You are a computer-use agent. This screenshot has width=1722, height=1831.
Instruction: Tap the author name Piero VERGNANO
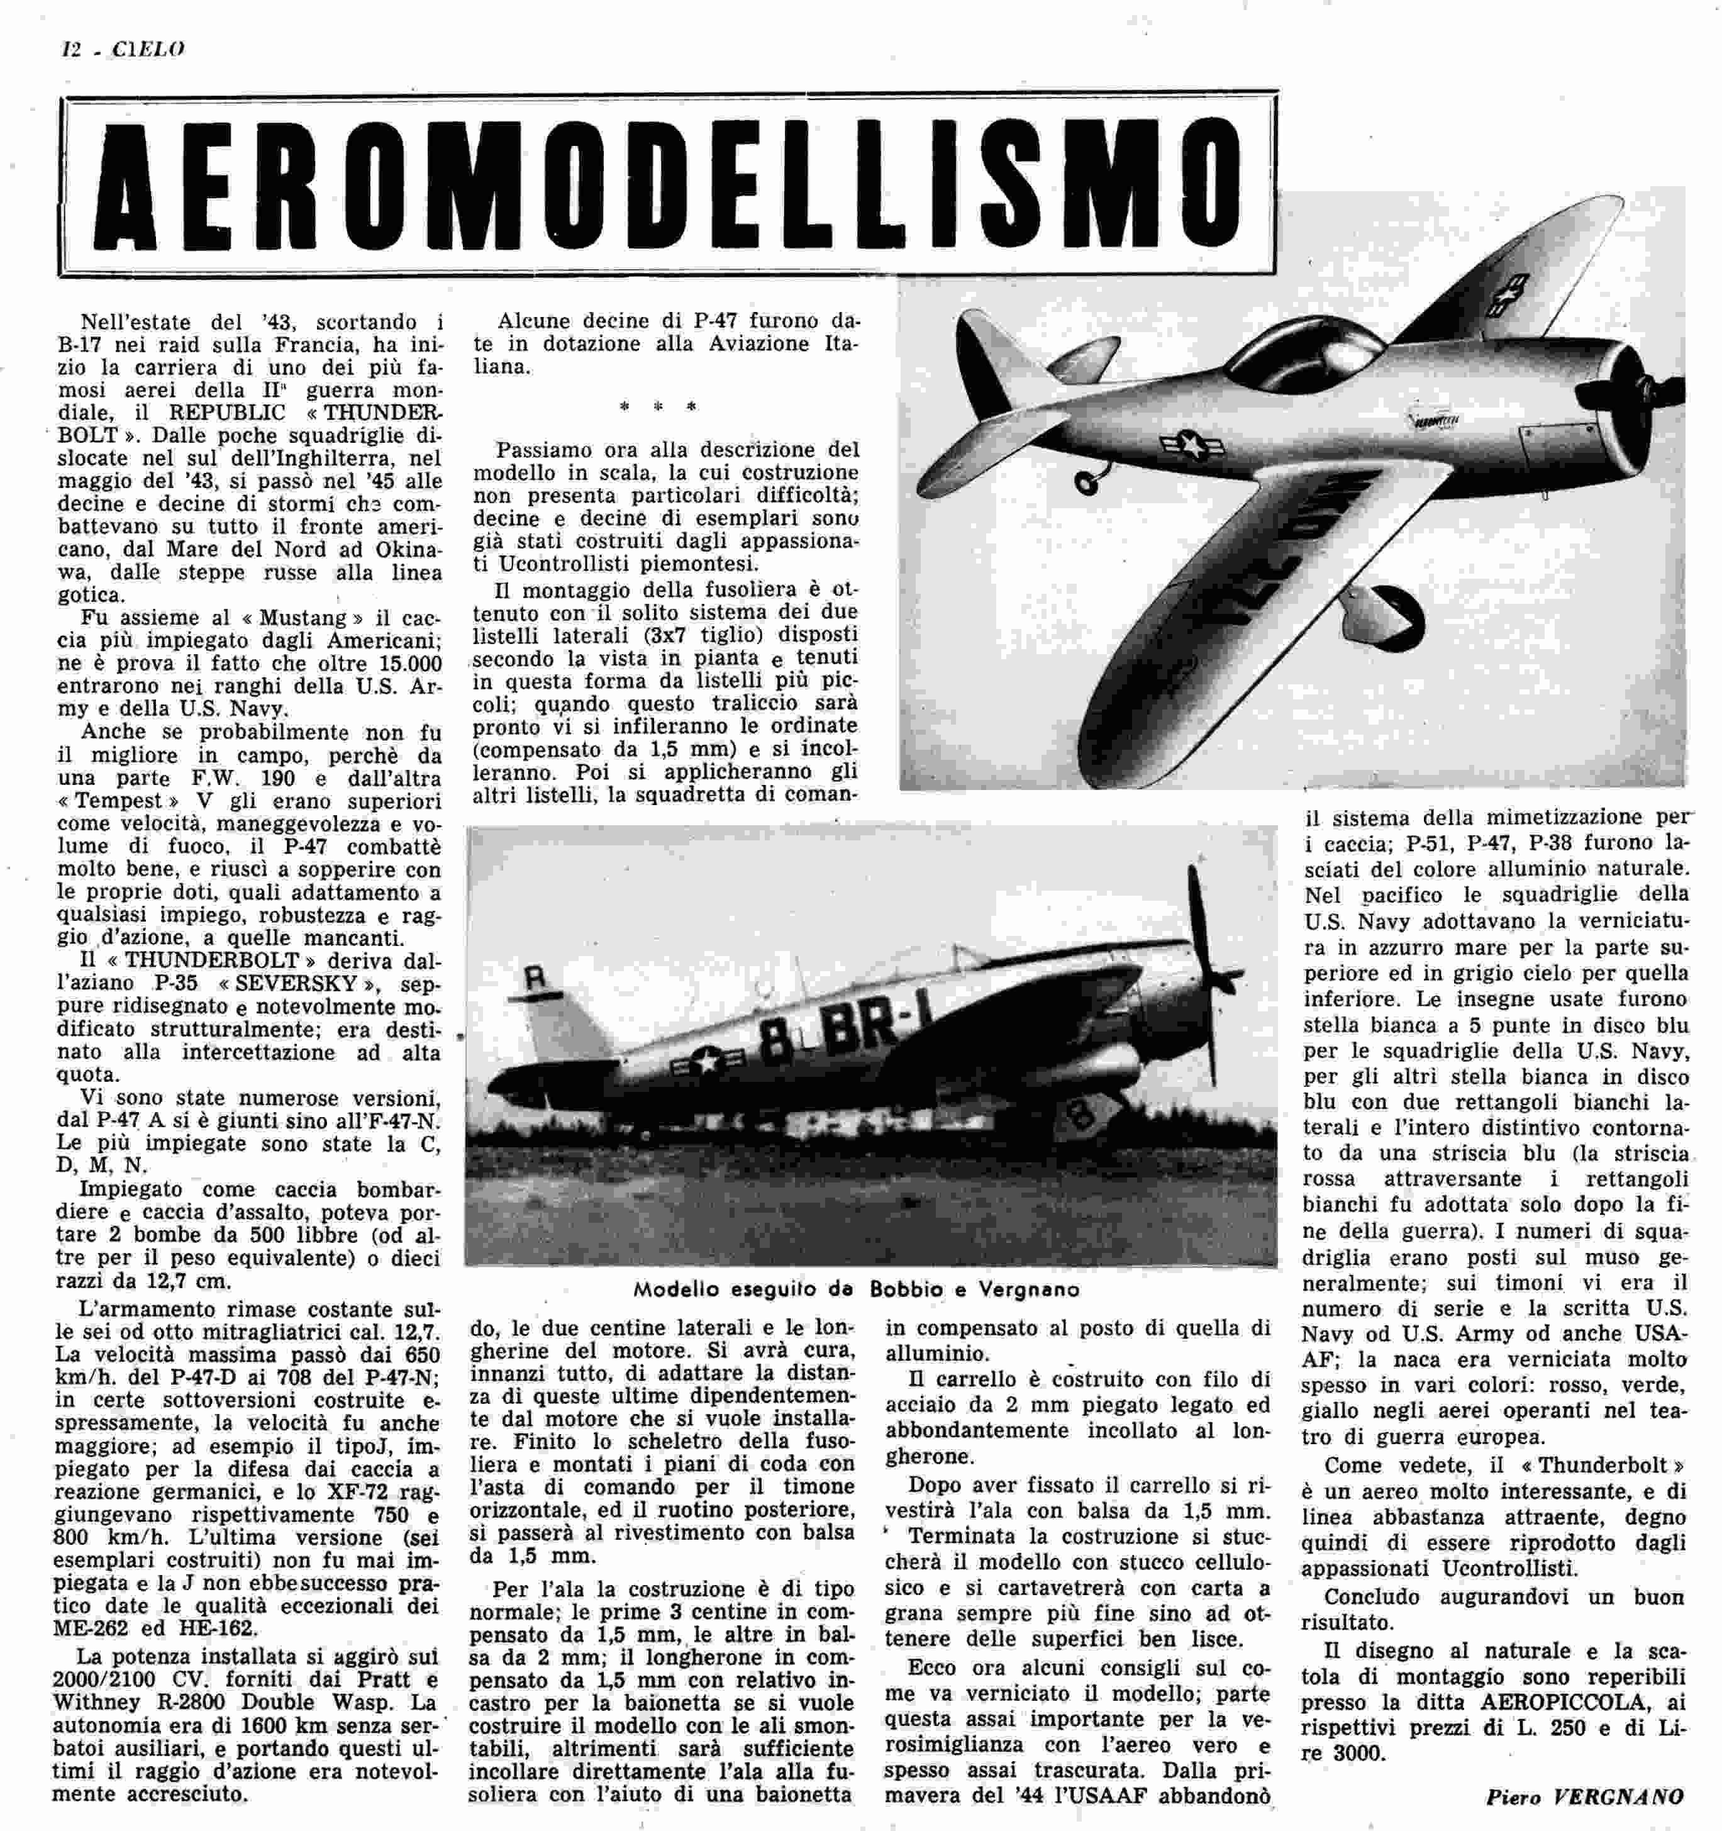click(x=1584, y=1796)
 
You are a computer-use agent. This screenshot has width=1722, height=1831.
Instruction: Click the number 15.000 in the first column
click(x=401, y=664)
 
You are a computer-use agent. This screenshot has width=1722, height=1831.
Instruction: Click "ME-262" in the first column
click(x=96, y=1654)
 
